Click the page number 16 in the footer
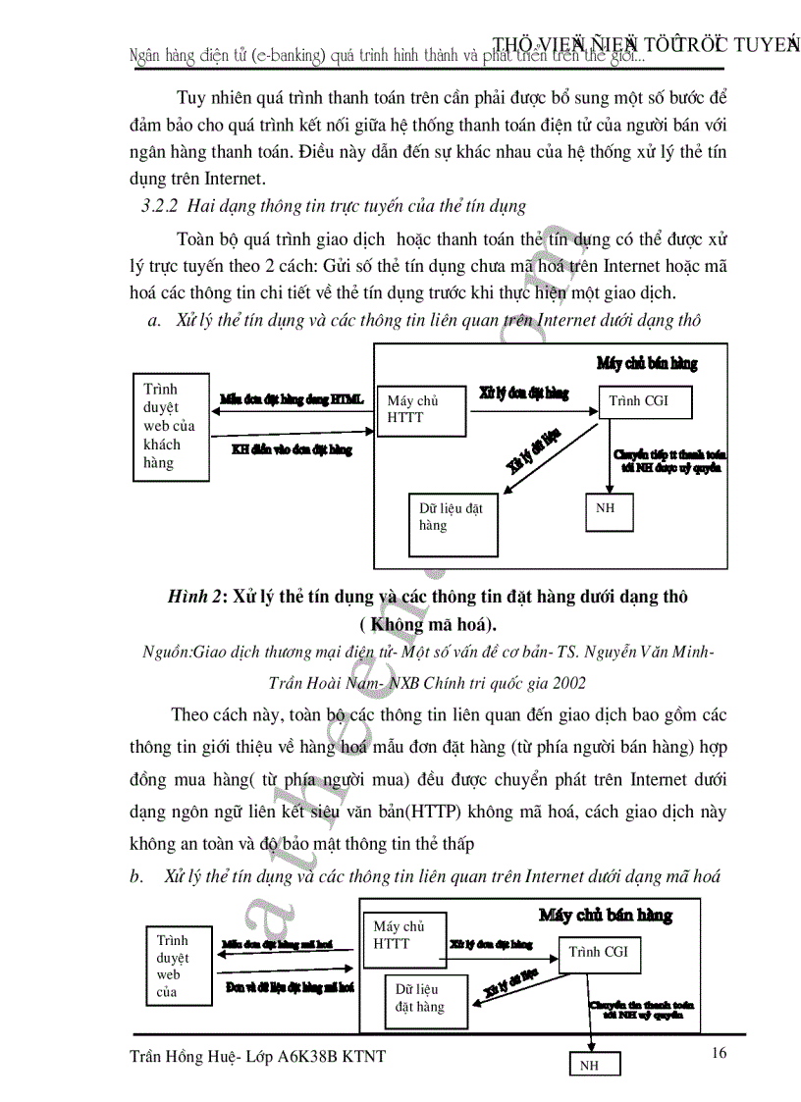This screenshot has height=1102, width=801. point(719,1053)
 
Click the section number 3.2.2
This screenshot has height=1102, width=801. point(161,206)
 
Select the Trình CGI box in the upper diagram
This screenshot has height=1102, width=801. point(647,401)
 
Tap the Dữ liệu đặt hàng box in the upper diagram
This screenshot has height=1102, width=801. point(453,525)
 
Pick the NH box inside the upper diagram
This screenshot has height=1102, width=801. point(609,511)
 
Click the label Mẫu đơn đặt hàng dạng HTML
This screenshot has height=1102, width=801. point(292,399)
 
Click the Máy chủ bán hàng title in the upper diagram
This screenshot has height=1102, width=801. point(647,364)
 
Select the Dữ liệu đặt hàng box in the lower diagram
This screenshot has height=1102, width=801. point(425,998)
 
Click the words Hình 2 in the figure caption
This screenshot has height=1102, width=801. point(197,597)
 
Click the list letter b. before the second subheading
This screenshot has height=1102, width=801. point(136,876)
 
